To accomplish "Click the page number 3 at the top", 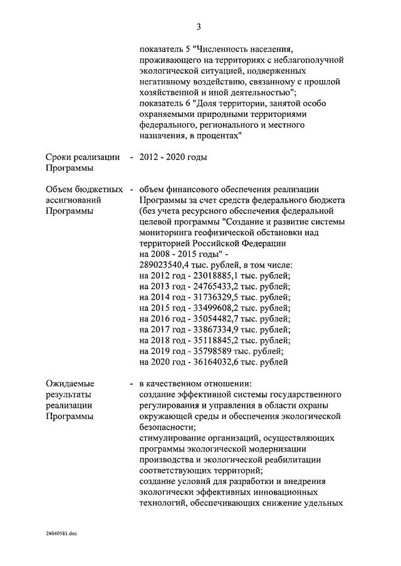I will (199, 26).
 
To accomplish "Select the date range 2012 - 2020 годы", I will (173, 157).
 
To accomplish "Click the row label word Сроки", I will (60, 157).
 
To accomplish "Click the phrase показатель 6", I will (164, 103).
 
